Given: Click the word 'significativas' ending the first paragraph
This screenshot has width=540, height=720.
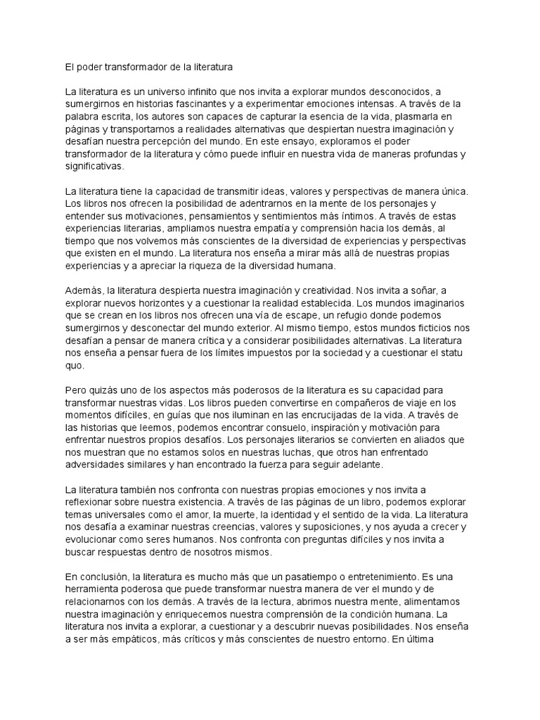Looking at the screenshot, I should point(93,167).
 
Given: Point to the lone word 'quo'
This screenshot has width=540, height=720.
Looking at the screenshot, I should point(74,366).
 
